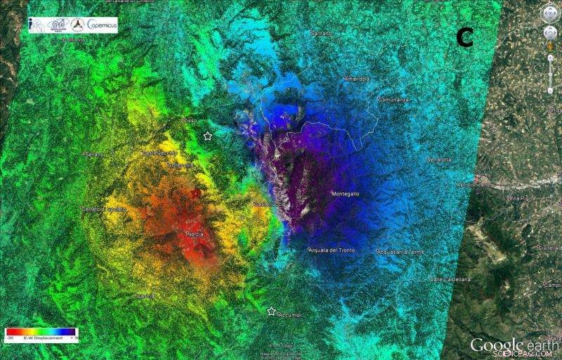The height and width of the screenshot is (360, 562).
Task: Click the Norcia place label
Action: point(195,234)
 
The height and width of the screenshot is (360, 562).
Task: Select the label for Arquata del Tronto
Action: point(332,250)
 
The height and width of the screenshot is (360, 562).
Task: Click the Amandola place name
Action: point(357,79)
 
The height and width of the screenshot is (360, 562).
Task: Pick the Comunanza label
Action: point(394,100)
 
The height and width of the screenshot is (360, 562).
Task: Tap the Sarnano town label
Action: point(321,33)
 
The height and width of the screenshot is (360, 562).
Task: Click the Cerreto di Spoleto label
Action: point(103,209)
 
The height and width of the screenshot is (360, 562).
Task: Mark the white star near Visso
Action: point(207,136)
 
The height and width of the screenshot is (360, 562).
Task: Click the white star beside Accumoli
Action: point(271,311)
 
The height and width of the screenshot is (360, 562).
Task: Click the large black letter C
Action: point(464,37)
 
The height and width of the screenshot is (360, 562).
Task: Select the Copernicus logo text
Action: point(102,25)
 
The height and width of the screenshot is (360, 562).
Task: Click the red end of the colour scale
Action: point(10,332)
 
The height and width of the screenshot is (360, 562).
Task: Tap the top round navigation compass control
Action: point(549,13)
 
